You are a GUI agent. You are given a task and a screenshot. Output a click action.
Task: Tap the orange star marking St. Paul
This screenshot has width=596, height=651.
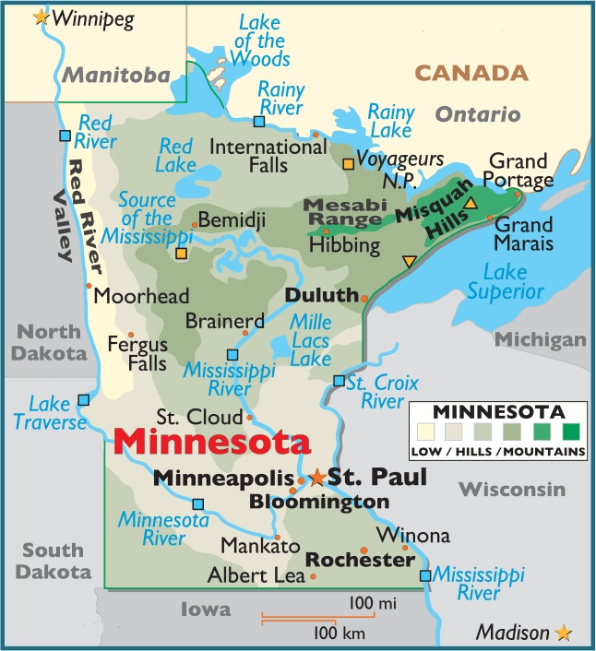click(x=317, y=477)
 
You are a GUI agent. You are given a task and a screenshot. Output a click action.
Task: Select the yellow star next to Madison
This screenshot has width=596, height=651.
click(x=564, y=633)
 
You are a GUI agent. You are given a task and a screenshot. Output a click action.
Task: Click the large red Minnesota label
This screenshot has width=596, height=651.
click(x=211, y=443)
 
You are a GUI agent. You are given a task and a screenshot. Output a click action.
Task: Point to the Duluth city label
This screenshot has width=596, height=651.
click(x=321, y=295)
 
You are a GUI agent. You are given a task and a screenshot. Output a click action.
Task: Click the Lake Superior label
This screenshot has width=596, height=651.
click(x=506, y=281)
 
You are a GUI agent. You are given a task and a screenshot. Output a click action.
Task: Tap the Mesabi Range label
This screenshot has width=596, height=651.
click(x=343, y=212)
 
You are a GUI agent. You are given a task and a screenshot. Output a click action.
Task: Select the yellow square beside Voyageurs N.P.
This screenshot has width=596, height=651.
click(x=349, y=164)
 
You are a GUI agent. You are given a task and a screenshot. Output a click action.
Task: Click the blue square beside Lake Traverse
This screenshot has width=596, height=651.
click(x=84, y=399)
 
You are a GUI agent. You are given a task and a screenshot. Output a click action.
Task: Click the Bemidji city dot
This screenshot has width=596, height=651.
click(x=194, y=224)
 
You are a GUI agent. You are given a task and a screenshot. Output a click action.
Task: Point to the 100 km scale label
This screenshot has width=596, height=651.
click(x=340, y=633)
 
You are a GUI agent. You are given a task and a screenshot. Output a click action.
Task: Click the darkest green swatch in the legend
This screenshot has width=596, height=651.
click(x=572, y=431)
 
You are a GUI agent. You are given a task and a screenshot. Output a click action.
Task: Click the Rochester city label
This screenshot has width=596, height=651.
click(x=360, y=560)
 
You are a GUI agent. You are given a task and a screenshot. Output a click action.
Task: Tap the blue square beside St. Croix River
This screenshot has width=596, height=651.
click(x=340, y=380)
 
